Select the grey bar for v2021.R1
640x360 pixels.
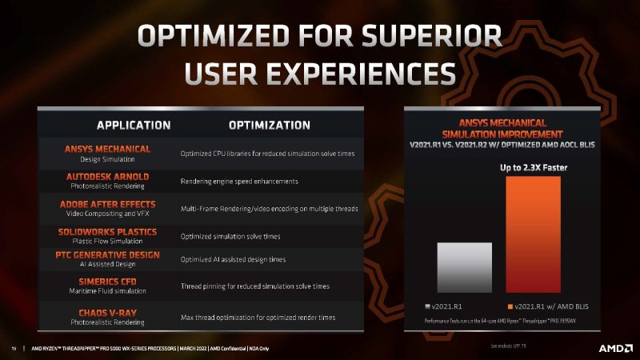pyautogui.click(x=464, y=266)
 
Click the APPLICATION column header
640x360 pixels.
pyautogui.click(x=134, y=125)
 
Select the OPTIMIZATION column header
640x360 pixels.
pyautogui.click(x=269, y=125)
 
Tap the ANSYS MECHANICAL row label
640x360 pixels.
pyautogui.click(x=107, y=149)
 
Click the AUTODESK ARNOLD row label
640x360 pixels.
pyautogui.click(x=107, y=175)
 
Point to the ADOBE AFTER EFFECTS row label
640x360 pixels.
pyautogui.click(x=107, y=204)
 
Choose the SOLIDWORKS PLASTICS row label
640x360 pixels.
pyautogui.click(x=107, y=232)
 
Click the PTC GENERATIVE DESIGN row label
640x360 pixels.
pyautogui.click(x=107, y=255)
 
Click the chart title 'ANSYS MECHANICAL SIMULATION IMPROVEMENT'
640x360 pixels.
pyautogui.click(x=503, y=128)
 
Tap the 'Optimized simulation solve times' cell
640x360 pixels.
pyautogui.click(x=230, y=236)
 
